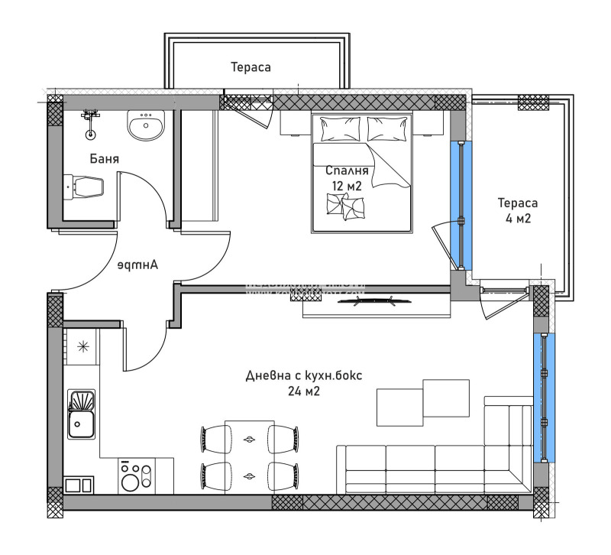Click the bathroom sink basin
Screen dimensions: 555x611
pos(145,126)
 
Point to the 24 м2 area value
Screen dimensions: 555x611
pos(303,391)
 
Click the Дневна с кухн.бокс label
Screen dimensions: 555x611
pos(305,375)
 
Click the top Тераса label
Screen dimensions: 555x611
pos(251,67)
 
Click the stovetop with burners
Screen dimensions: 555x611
pos(136,476)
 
